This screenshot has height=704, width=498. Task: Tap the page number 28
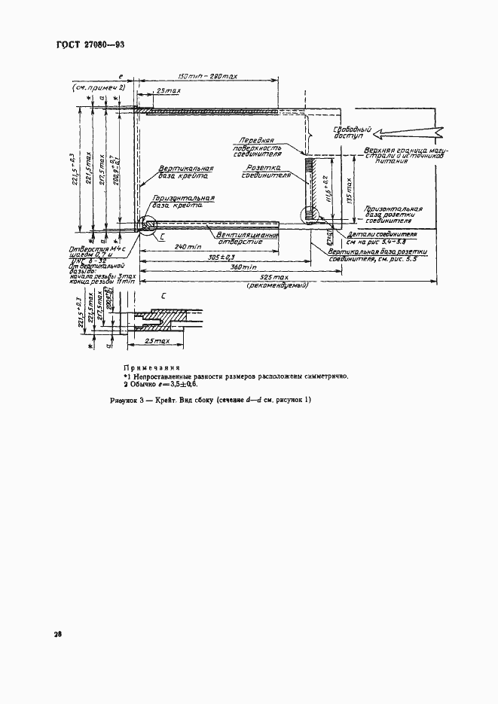(x=57, y=635)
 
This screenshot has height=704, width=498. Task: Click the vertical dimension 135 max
(x=347, y=188)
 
